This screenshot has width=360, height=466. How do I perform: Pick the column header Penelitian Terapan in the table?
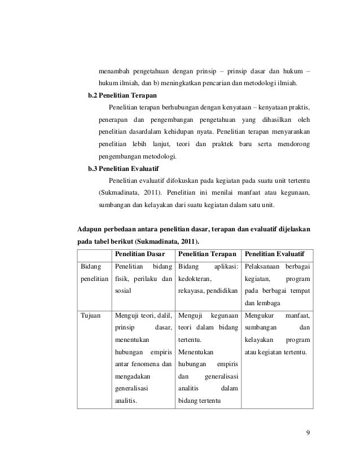click(206, 253)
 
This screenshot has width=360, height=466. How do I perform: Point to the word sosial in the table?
click(124, 291)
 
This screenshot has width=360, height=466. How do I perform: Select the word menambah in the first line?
click(114, 71)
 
